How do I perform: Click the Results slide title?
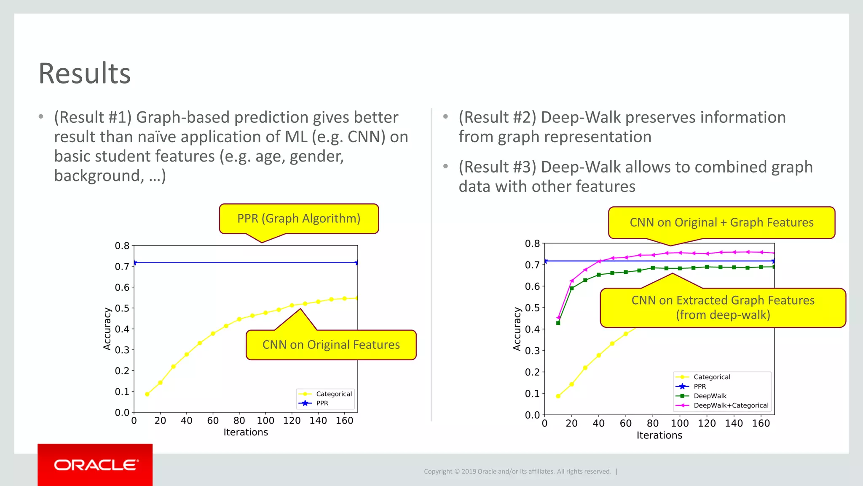coord(85,74)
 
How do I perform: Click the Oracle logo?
coord(95,465)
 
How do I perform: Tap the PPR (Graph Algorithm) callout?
coord(299,219)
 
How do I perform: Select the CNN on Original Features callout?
coord(331,345)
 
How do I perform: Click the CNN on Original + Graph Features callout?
coord(721,222)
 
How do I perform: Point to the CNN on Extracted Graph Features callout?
coord(723,308)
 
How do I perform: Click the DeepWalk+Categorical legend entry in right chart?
coord(731,405)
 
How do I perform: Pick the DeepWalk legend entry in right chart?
coord(710,396)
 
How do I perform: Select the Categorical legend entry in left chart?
coord(333,394)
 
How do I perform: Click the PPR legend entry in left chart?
coord(322,403)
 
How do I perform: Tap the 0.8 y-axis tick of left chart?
coord(122,246)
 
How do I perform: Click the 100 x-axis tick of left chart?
coord(265,421)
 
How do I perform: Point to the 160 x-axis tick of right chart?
coord(761,423)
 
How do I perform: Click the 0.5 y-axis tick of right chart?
coord(532,308)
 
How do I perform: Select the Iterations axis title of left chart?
coord(246,432)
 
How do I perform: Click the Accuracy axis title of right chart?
coord(517,329)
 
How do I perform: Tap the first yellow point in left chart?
coord(147,394)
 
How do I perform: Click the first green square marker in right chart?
coord(558,323)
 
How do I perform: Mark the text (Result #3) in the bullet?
coord(497,167)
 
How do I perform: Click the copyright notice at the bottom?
coord(517,471)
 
